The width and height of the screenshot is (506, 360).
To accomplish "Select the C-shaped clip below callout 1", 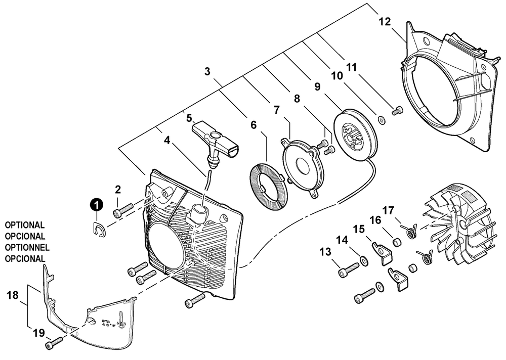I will tap(99, 230).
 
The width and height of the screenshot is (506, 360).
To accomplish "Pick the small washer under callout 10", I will tap(381, 120).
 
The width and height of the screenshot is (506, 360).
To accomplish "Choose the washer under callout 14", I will tap(363, 260).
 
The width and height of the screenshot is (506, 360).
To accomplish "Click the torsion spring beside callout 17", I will tap(410, 231).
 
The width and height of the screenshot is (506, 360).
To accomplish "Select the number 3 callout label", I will tap(207, 71).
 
